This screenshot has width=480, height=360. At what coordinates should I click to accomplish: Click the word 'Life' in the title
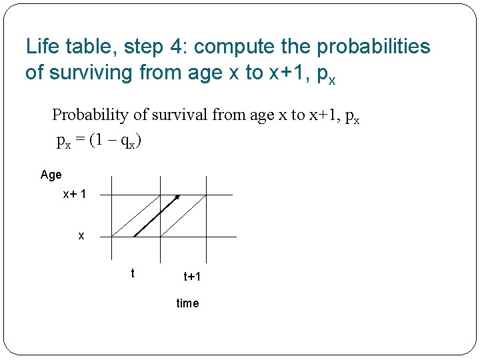[41, 47]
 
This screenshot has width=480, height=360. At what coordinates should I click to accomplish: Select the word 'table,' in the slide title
[85, 47]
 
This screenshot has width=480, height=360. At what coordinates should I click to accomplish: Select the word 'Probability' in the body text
[90, 115]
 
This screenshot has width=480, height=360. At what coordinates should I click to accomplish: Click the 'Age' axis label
[51, 175]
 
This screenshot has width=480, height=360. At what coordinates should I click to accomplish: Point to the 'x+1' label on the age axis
[74, 195]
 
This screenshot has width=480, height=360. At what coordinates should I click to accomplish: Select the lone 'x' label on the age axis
[81, 236]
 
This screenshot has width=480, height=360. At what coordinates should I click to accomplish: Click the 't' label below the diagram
[133, 273]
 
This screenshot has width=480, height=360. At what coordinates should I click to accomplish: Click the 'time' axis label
[187, 303]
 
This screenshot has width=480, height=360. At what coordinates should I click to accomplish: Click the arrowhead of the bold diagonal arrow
[177, 197]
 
